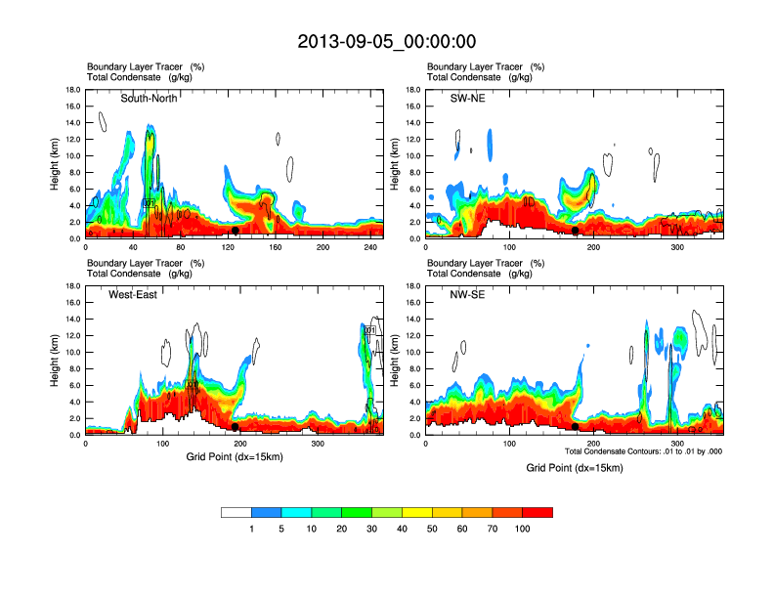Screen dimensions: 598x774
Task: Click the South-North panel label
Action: (150, 98)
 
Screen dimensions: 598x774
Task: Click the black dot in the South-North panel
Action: (236, 231)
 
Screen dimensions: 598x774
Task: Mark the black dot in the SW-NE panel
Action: (576, 231)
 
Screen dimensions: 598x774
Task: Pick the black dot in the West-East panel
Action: (236, 427)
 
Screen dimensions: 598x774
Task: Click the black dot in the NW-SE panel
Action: (576, 427)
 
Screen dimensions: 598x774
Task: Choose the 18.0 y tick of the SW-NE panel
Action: (414, 90)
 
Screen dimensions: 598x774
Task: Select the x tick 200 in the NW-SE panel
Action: (593, 444)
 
